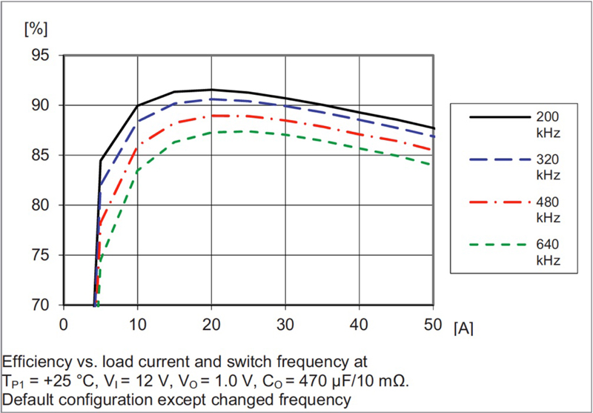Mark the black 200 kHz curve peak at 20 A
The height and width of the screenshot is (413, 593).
[211, 90]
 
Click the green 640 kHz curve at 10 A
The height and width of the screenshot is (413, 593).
[137, 171]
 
